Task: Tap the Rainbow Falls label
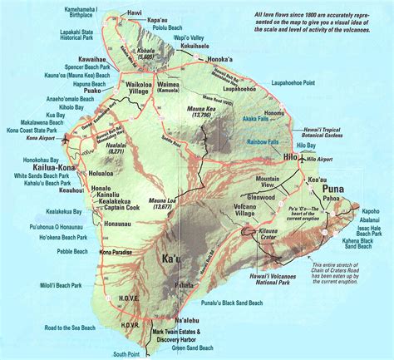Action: [x=263, y=142]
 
